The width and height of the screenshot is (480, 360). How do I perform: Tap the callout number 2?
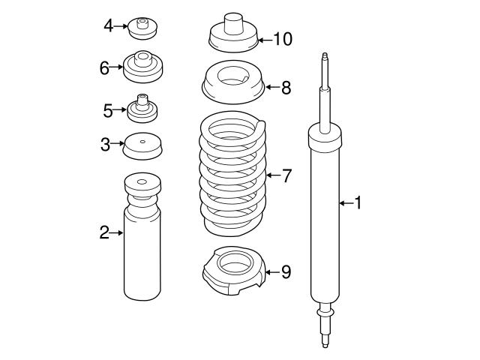click(104, 232)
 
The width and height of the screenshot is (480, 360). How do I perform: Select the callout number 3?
click(106, 142)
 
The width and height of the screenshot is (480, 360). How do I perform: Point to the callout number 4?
click(109, 26)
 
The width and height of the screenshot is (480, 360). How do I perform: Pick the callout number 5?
click(108, 110)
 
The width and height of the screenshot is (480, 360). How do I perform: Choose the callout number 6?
click(105, 67)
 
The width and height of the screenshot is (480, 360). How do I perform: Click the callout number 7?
click(286, 175)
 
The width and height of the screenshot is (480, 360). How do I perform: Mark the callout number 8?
click(285, 88)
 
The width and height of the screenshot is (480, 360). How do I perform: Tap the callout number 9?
click(285, 271)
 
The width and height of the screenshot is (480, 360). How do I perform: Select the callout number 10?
click(282, 38)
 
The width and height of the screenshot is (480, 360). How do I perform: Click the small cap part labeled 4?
click(142, 28)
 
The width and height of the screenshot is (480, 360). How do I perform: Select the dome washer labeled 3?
click(142, 145)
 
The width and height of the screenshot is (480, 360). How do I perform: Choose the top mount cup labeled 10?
click(232, 33)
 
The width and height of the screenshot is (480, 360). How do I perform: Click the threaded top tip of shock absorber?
click(325, 59)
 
